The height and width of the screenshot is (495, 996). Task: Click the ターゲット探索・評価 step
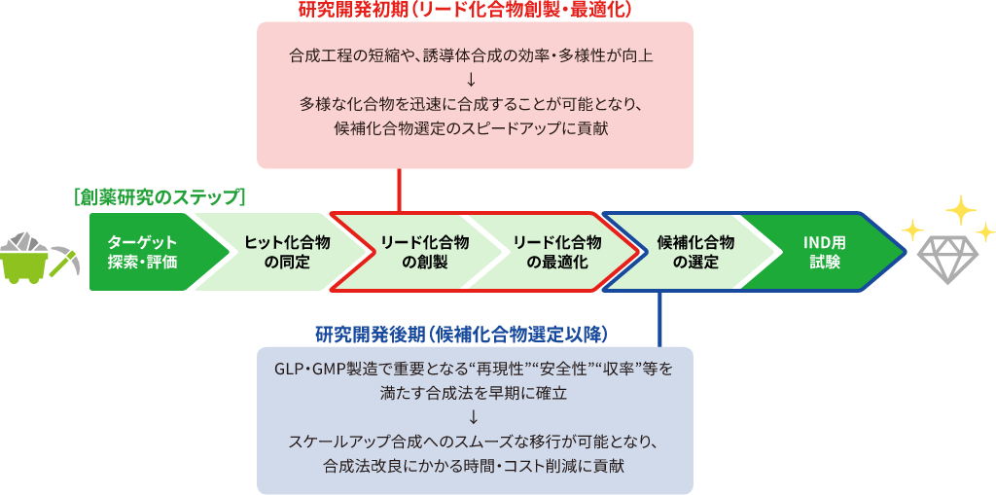coord(144,252)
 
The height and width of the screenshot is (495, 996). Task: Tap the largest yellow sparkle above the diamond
coord(960,208)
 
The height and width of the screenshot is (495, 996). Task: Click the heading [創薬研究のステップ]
coord(159,196)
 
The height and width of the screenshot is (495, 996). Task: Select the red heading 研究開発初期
coord(466,10)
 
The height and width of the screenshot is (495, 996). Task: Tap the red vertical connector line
coord(400,189)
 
